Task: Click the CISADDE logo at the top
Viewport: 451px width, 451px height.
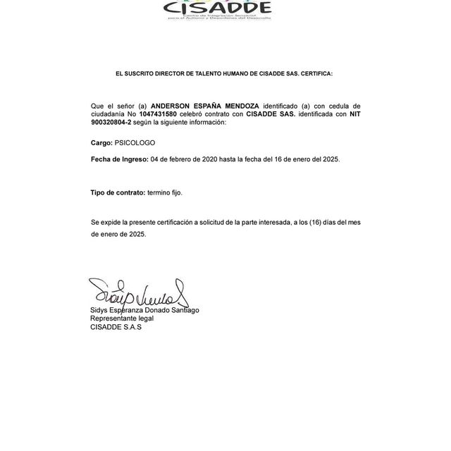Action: (217, 9)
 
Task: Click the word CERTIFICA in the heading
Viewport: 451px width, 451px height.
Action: (316, 73)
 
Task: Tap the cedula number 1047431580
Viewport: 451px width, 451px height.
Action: (159, 114)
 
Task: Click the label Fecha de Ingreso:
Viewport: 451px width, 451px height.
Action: (119, 160)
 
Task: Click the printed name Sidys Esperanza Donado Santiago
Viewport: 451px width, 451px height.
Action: (144, 310)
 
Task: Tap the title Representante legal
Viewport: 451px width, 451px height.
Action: (121, 319)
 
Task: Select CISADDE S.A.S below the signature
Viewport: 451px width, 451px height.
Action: (116, 327)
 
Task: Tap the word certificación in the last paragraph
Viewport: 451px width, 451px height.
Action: (171, 223)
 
